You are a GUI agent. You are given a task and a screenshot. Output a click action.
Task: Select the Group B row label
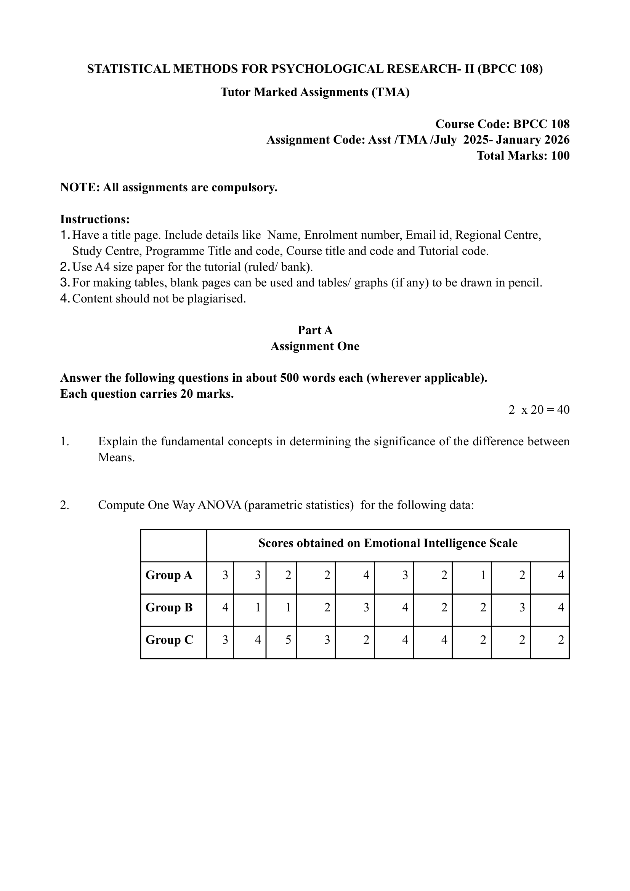[169, 607]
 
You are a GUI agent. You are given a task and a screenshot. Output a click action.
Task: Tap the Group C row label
[169, 640]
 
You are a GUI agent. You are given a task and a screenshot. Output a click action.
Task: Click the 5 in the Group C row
[288, 640]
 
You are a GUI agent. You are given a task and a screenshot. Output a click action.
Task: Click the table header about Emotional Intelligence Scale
[388, 543]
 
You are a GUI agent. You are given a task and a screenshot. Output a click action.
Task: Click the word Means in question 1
[116, 457]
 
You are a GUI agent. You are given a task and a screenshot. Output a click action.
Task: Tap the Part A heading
[315, 330]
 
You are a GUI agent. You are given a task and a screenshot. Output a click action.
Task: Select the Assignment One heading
[315, 346]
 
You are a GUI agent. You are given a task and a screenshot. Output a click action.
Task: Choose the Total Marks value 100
[560, 156]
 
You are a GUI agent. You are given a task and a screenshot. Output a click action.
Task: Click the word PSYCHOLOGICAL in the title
[327, 69]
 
